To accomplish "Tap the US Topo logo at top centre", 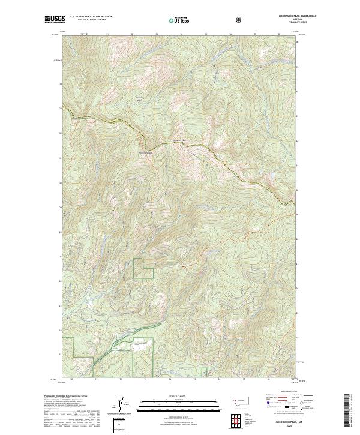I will pos(173,20).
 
